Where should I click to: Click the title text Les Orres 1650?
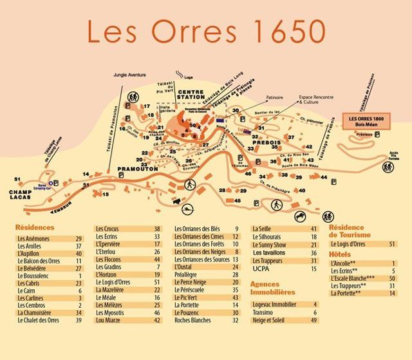tap(207, 32)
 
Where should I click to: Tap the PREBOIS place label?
tap(259, 143)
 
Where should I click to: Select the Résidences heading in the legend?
tap(35, 227)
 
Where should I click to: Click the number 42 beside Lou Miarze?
tap(156, 320)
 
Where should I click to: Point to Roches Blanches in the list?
tap(192, 320)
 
